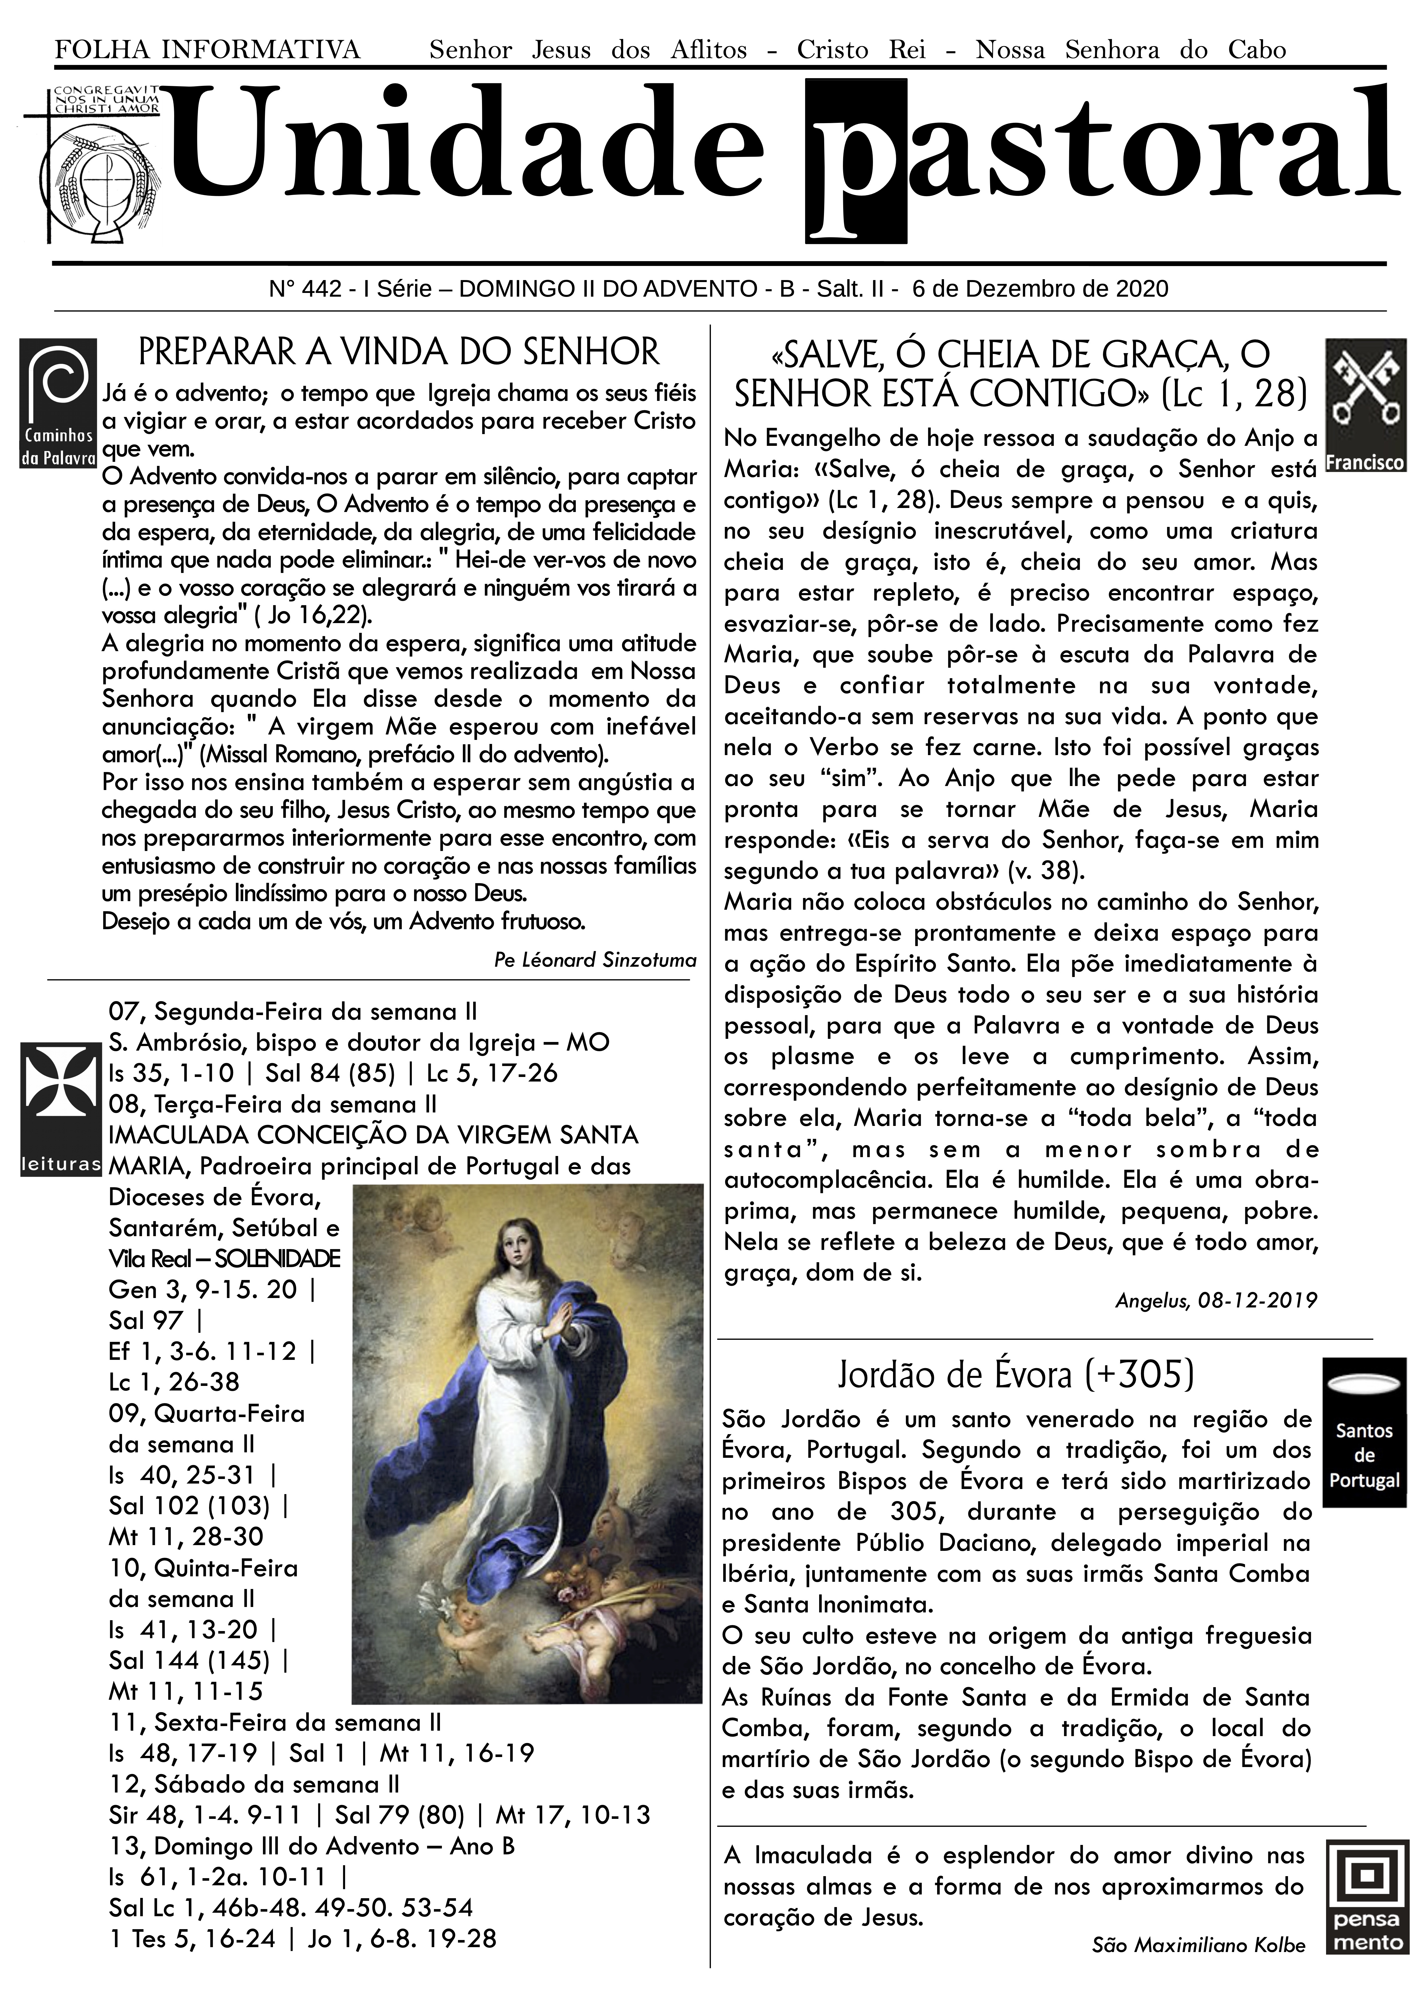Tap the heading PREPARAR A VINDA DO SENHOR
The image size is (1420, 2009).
click(x=399, y=352)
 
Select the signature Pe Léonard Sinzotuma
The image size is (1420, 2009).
click(x=595, y=960)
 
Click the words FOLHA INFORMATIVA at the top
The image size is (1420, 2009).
click(x=207, y=50)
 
